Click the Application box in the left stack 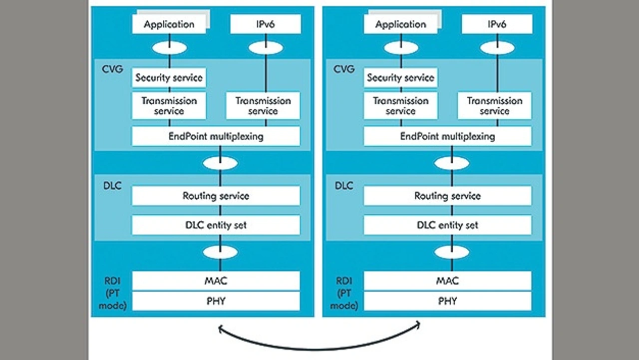point(169,24)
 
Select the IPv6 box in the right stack point(496,24)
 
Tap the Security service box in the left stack point(169,78)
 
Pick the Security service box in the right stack point(400,78)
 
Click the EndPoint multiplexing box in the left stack point(216,136)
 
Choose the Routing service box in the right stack point(447,196)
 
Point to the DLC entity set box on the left point(216,225)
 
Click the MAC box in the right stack point(447,281)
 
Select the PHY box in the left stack point(216,301)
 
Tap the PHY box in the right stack point(447,301)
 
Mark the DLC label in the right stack point(343,186)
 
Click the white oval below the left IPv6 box point(266,48)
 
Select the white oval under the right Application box point(401,48)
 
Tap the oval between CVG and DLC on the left point(220,163)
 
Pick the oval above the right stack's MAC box point(452,252)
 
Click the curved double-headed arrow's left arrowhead point(222,329)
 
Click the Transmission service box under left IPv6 point(263,106)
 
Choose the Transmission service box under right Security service point(400,106)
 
